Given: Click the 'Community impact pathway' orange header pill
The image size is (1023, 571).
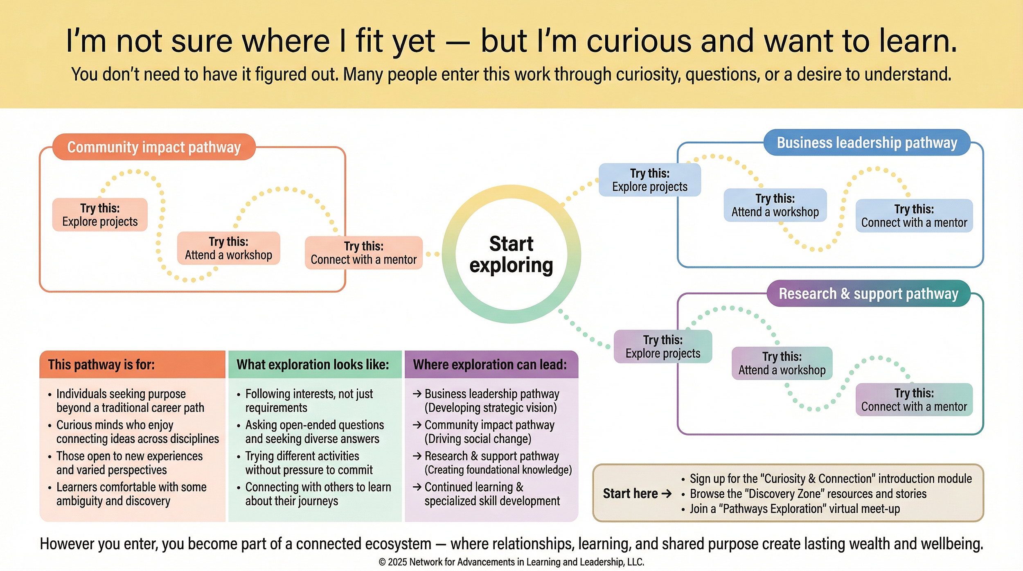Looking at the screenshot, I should tap(154, 147).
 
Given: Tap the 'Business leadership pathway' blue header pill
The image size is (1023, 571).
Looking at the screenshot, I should tap(867, 143).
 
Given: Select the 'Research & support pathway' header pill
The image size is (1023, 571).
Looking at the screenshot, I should tap(868, 293).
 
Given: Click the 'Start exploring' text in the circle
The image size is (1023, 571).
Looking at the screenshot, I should tap(511, 254).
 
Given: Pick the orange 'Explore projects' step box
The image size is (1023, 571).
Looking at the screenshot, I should tap(100, 215).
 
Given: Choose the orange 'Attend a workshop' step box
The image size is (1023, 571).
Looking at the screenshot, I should tap(228, 248).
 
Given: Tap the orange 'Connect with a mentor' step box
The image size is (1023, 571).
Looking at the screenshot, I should tap(363, 253).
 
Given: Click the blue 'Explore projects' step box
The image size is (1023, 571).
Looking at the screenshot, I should tap(650, 180).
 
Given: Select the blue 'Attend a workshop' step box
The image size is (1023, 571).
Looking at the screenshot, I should tap(775, 205).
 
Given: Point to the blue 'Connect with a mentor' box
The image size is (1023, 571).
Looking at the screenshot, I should tap(914, 216).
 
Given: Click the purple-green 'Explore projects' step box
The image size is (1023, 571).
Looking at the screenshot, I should tap(663, 347).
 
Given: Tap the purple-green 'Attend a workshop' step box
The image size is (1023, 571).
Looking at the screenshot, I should tap(782, 363).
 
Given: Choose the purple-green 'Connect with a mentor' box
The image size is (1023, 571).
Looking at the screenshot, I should tap(914, 400).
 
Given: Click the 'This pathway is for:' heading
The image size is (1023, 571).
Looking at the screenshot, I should tap(101, 365).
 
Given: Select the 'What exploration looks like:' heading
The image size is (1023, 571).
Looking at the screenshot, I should tap(313, 365).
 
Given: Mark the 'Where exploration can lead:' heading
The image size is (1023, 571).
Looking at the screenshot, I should tap(490, 365).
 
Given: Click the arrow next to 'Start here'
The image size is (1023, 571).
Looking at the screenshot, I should tap(667, 494).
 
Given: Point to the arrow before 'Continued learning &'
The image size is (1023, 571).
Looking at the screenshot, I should tap(417, 487).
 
